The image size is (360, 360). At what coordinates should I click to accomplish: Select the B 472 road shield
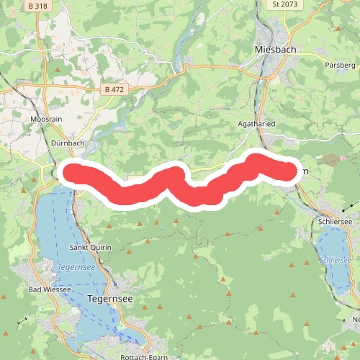coord(114,89)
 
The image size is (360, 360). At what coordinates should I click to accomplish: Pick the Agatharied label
coord(256,124)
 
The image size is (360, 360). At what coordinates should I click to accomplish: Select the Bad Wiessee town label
coord(50,289)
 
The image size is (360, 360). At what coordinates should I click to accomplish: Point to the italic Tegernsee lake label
coord(73,267)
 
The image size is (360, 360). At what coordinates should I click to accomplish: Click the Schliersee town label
coord(334,222)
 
